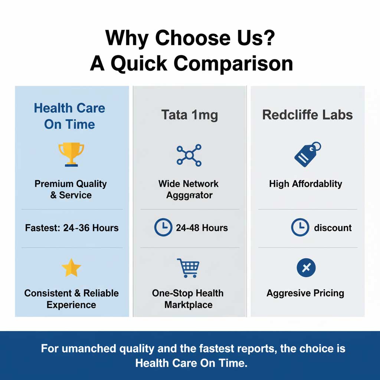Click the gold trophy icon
point(71,154)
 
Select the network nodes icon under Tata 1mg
point(189,155)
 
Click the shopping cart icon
point(187,268)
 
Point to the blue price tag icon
point(307,154)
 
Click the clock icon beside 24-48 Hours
point(163,227)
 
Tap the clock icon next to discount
point(300,227)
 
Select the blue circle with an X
point(306,268)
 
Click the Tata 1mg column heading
point(189,115)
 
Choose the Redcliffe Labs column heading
point(308,115)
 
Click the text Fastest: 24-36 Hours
point(72,228)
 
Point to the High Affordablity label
point(305,184)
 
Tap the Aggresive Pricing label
point(305,293)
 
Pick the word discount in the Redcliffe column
point(332,227)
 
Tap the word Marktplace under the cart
point(189,305)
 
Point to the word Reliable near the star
point(101,293)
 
